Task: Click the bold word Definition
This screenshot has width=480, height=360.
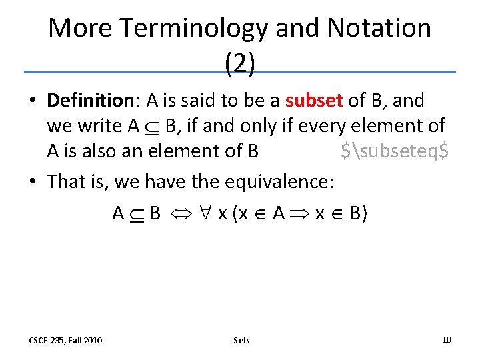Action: (91, 101)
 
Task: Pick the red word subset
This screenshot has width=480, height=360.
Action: (313, 101)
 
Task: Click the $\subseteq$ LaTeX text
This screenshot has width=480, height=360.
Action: (394, 151)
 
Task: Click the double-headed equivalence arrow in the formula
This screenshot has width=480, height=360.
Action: (181, 214)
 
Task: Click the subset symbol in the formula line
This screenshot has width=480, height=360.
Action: (137, 214)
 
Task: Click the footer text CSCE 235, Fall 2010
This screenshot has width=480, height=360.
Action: (65, 340)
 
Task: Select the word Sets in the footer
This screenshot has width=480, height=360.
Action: (241, 340)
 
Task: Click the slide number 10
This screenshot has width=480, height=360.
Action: (446, 339)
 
